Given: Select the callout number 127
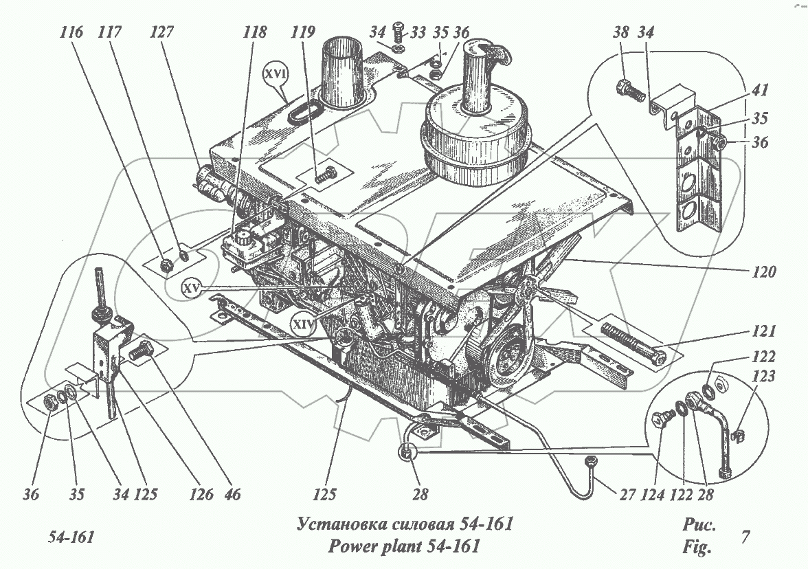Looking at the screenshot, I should point(164,32).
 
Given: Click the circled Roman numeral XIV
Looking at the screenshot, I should point(303,322).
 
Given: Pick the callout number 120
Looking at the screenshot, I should point(763,271).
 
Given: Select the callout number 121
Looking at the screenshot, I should point(764,332).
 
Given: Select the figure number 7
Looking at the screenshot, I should point(745,537).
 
